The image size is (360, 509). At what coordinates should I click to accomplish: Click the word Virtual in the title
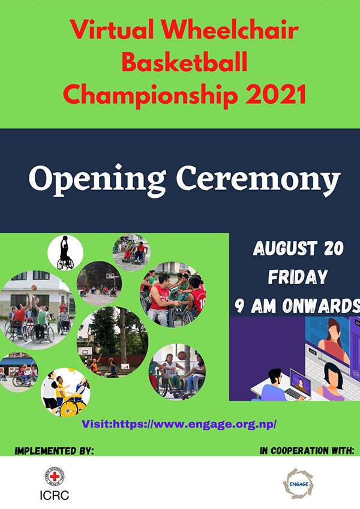pyautogui.click(x=112, y=29)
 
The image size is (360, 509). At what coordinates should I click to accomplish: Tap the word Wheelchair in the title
pyautogui.click(x=230, y=29)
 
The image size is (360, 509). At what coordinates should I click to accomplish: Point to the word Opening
pyautogui.click(x=97, y=180)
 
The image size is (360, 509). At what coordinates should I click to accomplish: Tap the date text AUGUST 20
pyautogui.click(x=298, y=248)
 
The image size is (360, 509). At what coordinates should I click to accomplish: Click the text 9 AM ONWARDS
pyautogui.click(x=297, y=306)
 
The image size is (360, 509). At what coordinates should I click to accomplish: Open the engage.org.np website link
pyautogui.click(x=179, y=424)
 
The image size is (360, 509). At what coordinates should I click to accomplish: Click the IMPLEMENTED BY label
pyautogui.click(x=54, y=451)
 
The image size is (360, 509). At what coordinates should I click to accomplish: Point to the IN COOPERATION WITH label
pyautogui.click(x=307, y=451)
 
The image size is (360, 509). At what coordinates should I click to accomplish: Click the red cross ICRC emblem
pyautogui.click(x=55, y=476)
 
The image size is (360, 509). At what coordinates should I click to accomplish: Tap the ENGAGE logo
pyautogui.click(x=298, y=484)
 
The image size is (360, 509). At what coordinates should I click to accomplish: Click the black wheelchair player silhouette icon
pyautogui.click(x=65, y=252)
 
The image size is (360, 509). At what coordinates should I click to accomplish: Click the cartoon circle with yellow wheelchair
pyautogui.click(x=65, y=392)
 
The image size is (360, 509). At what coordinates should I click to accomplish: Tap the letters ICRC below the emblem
pyautogui.click(x=54, y=495)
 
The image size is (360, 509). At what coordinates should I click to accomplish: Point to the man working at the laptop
pyautogui.click(x=272, y=385)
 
